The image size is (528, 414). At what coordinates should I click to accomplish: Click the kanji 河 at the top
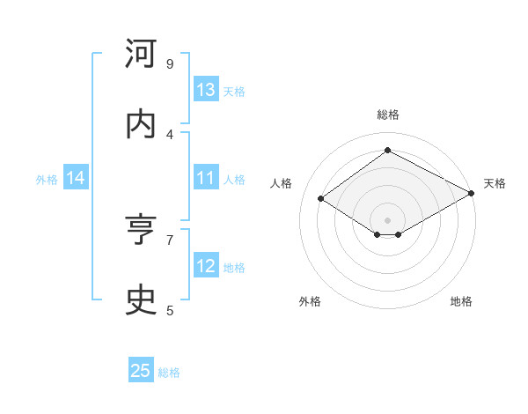pyautogui.click(x=142, y=55)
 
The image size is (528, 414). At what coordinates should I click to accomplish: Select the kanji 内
pyautogui.click(x=142, y=124)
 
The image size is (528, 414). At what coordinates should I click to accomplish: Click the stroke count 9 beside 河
pyautogui.click(x=170, y=64)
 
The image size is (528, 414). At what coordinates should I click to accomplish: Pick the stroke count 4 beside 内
pyautogui.click(x=170, y=135)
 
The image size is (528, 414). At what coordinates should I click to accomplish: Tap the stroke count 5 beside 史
pyautogui.click(x=170, y=310)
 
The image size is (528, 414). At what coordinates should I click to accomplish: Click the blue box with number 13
pyautogui.click(x=206, y=90)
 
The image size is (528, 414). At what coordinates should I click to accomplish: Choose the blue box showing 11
pyautogui.click(x=206, y=178)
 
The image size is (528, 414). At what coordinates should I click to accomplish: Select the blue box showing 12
pyautogui.click(x=206, y=266)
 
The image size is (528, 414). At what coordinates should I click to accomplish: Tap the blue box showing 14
pyautogui.click(x=76, y=178)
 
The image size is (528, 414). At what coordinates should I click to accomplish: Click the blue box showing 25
pyautogui.click(x=141, y=371)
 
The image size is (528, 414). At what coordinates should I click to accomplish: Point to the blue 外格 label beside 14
pyautogui.click(x=47, y=179)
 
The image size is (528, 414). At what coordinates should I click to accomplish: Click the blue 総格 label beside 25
pyautogui.click(x=169, y=373)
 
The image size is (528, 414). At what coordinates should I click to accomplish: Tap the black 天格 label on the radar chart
pyautogui.click(x=495, y=183)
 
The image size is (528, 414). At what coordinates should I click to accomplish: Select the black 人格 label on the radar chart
pyautogui.click(x=281, y=183)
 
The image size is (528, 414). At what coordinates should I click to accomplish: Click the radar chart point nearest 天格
pyautogui.click(x=472, y=194)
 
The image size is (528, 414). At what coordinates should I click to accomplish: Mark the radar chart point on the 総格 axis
pyautogui.click(x=387, y=151)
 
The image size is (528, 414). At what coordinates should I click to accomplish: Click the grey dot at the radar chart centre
pyautogui.click(x=387, y=219)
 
